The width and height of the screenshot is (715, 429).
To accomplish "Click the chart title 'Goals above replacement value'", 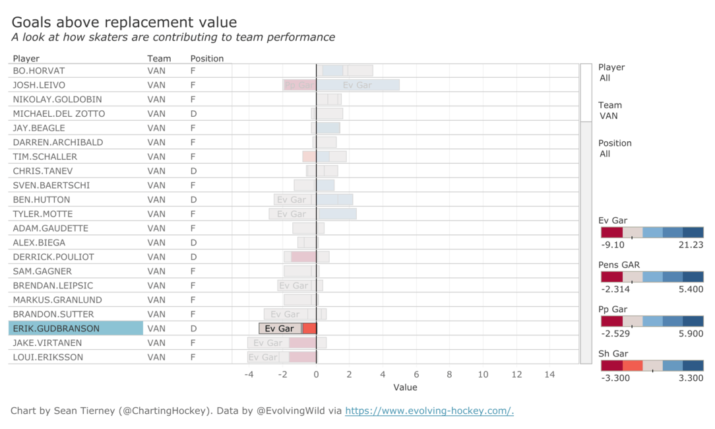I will tap(124, 23).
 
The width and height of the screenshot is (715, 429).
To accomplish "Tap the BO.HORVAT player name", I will tap(39, 71).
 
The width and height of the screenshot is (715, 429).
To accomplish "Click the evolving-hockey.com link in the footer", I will tap(429, 411).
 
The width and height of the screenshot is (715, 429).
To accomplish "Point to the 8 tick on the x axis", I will tap(450, 375).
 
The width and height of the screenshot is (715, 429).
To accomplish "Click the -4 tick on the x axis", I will tap(249, 375).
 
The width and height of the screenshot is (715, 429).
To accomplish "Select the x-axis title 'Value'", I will tap(405, 387).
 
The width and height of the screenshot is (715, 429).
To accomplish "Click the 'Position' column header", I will tap(207, 59).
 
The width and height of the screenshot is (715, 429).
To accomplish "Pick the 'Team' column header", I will tap(159, 59).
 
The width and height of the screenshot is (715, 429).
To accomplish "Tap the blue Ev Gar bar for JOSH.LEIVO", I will tap(357, 85).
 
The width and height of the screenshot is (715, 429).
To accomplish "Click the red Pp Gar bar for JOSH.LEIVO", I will tap(299, 85).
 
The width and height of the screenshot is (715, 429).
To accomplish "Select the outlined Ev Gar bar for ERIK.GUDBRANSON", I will tap(280, 329).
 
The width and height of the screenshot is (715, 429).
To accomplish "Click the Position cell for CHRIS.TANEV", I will tap(193, 171).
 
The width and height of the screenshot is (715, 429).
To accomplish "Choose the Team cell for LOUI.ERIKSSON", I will tap(156, 357).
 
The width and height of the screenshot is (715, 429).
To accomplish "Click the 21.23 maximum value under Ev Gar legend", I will tap(690, 245).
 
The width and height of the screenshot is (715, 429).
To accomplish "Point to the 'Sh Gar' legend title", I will tap(613, 353).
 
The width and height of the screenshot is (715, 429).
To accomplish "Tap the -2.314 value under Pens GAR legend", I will tap(615, 289).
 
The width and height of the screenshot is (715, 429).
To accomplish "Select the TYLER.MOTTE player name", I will tap(43, 214).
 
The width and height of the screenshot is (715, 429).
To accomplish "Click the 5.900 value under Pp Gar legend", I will tap(690, 333).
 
